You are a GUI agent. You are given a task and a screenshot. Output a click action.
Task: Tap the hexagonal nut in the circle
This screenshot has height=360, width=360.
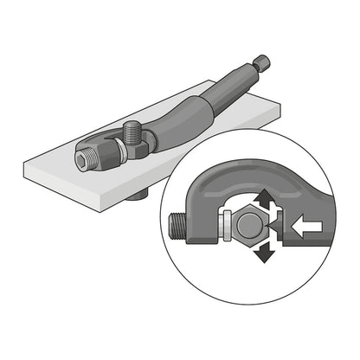click(247, 228)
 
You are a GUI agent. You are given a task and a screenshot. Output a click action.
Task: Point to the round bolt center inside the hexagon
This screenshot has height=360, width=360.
click(247, 228)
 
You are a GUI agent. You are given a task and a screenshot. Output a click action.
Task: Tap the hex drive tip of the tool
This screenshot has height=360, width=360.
click(263, 62)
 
